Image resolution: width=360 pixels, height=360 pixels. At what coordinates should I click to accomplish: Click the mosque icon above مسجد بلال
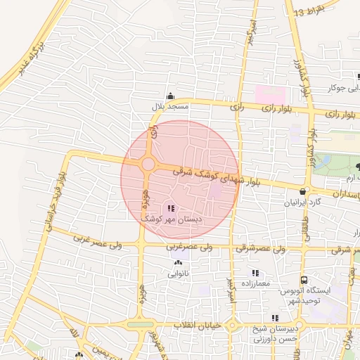coord(169,96)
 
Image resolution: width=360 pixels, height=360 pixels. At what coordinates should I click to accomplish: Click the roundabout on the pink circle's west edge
coord(148,165)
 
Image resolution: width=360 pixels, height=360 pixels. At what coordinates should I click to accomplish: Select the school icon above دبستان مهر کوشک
coord(171,207)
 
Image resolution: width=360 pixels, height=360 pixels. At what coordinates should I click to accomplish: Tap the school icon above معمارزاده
coord(255,273)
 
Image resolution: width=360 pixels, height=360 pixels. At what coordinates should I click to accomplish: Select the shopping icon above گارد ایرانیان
coord(302,191)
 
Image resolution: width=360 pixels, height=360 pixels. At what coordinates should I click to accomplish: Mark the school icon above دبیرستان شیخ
coord(275,318)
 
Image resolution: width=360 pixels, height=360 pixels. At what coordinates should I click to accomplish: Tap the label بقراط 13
coord(309,12)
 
